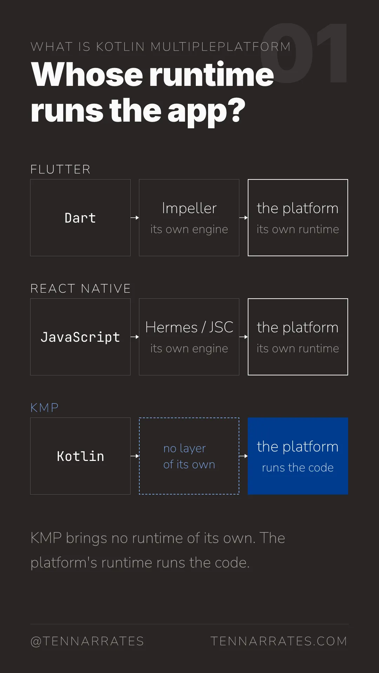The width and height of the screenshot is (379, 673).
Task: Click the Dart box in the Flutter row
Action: click(80, 218)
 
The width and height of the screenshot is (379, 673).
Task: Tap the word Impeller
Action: click(189, 209)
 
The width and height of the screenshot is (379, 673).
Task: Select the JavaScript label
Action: click(80, 337)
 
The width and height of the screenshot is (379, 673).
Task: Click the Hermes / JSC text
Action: click(189, 327)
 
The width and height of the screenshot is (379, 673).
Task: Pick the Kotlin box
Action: click(80, 456)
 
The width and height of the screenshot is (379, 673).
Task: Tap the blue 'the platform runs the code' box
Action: click(298, 456)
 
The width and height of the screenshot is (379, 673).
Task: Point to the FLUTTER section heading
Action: click(60, 169)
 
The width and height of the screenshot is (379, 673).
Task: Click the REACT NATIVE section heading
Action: click(80, 288)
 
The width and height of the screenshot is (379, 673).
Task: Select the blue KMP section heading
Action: click(45, 408)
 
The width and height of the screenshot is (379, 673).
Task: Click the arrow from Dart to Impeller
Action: click(135, 218)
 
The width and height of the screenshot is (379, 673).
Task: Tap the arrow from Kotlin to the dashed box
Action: click(135, 456)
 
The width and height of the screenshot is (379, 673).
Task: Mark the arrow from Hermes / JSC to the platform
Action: click(244, 337)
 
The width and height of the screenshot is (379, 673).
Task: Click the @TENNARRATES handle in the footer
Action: click(87, 641)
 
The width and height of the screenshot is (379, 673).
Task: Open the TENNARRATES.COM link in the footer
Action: click(279, 641)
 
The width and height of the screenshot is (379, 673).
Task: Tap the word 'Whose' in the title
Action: click(87, 74)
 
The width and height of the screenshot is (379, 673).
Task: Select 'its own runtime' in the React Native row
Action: click(298, 348)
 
